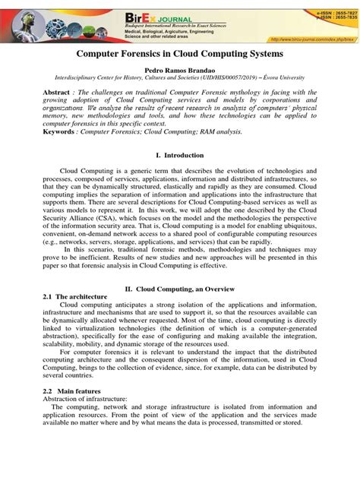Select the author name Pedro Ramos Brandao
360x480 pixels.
[180, 69]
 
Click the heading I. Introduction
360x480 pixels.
[179, 155]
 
